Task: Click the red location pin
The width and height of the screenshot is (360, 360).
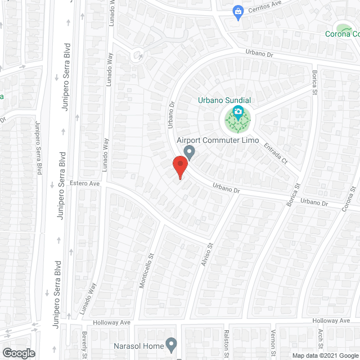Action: [x=179, y=166]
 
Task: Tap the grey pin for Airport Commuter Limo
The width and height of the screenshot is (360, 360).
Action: [x=190, y=152]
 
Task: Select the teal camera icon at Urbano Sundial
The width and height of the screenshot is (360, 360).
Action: [x=238, y=112]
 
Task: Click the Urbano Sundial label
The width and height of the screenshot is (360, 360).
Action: [x=224, y=100]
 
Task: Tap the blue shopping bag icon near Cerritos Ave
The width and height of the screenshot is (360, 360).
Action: [x=238, y=11]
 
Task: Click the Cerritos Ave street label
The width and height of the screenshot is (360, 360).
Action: [x=268, y=5]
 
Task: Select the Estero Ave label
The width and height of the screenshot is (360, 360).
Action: [x=84, y=183]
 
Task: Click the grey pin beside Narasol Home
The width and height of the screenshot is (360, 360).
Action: [x=171, y=345]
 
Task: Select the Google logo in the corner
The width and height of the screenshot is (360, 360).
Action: [x=19, y=353]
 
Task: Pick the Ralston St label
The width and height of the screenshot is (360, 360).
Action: [x=226, y=344]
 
